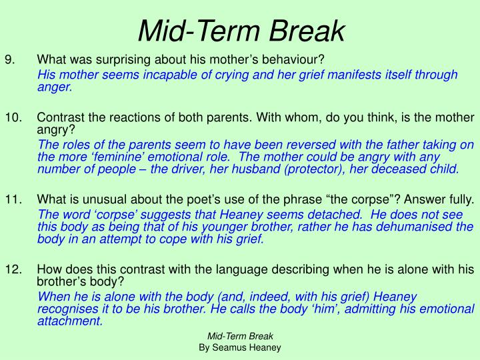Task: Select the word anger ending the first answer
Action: pyautogui.click(x=54, y=87)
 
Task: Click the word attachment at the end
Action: pyautogui.click(x=71, y=321)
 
